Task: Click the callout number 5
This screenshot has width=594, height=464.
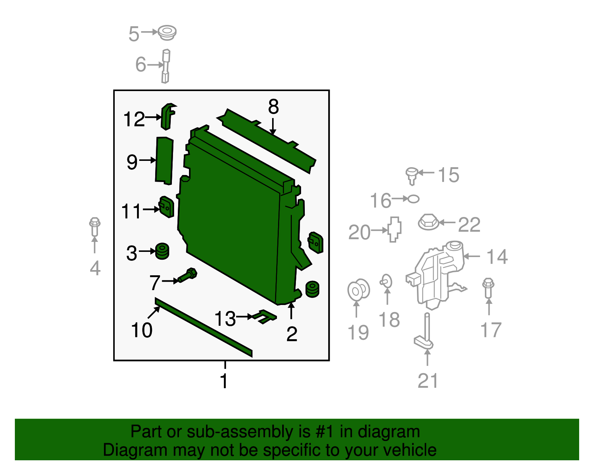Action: click(134, 34)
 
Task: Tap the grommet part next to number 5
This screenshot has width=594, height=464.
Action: click(167, 33)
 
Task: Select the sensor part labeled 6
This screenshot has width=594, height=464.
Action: click(166, 66)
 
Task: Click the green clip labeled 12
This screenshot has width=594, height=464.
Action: click(168, 116)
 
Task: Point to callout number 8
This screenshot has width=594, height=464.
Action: click(273, 107)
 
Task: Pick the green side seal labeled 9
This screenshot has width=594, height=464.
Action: click(164, 160)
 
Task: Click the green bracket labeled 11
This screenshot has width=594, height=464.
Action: click(166, 207)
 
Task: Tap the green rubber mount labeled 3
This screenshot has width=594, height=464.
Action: click(162, 251)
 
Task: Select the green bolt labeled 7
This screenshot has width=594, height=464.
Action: click(187, 275)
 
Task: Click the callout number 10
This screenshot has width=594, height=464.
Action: click(141, 330)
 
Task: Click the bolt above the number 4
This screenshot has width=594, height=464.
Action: click(95, 227)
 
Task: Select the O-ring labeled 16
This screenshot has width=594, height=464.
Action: click(413, 199)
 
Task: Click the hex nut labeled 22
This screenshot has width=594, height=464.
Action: click(429, 222)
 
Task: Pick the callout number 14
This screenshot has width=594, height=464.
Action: click(497, 257)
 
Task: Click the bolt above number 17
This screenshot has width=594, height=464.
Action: click(488, 288)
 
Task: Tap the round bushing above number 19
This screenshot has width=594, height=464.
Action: click(359, 290)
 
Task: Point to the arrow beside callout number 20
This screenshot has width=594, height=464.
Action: click(379, 230)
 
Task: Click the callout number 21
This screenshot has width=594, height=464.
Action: click(428, 381)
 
